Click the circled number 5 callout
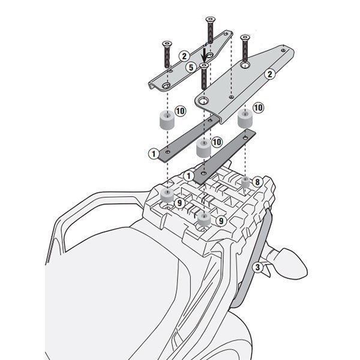click(191, 67)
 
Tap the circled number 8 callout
click(257, 182)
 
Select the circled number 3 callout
click(257, 267)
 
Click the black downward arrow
click(204, 55)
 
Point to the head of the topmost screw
click(211, 20)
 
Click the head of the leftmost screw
click(167, 44)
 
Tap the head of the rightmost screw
click(245, 37)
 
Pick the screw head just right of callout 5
click(204, 66)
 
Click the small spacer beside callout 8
click(245, 182)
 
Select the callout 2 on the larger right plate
click(270, 74)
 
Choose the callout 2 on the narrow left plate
click(184, 56)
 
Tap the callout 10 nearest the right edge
click(258, 107)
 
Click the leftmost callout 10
click(180, 111)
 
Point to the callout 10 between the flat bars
click(217, 142)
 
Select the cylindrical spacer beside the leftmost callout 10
click(167, 120)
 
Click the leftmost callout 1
click(154, 154)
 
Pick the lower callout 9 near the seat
click(221, 221)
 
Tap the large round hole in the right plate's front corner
click(203, 101)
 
